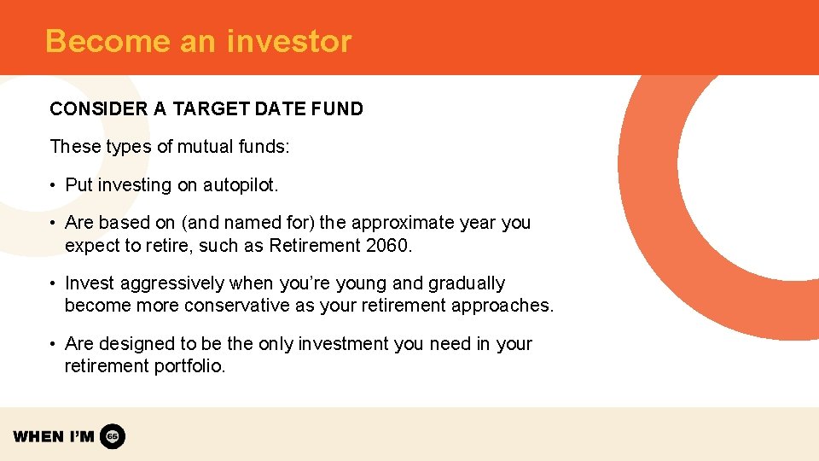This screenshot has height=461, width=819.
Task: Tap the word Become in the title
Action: click(96, 41)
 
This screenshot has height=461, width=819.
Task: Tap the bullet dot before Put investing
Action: click(53, 185)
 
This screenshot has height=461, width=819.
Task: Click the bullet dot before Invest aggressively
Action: click(53, 283)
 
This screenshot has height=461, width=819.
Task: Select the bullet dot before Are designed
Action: click(53, 344)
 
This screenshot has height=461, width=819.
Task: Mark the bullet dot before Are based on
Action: click(53, 223)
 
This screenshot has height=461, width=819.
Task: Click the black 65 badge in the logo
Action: click(113, 436)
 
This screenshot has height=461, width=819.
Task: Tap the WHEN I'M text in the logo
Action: click(54, 436)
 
